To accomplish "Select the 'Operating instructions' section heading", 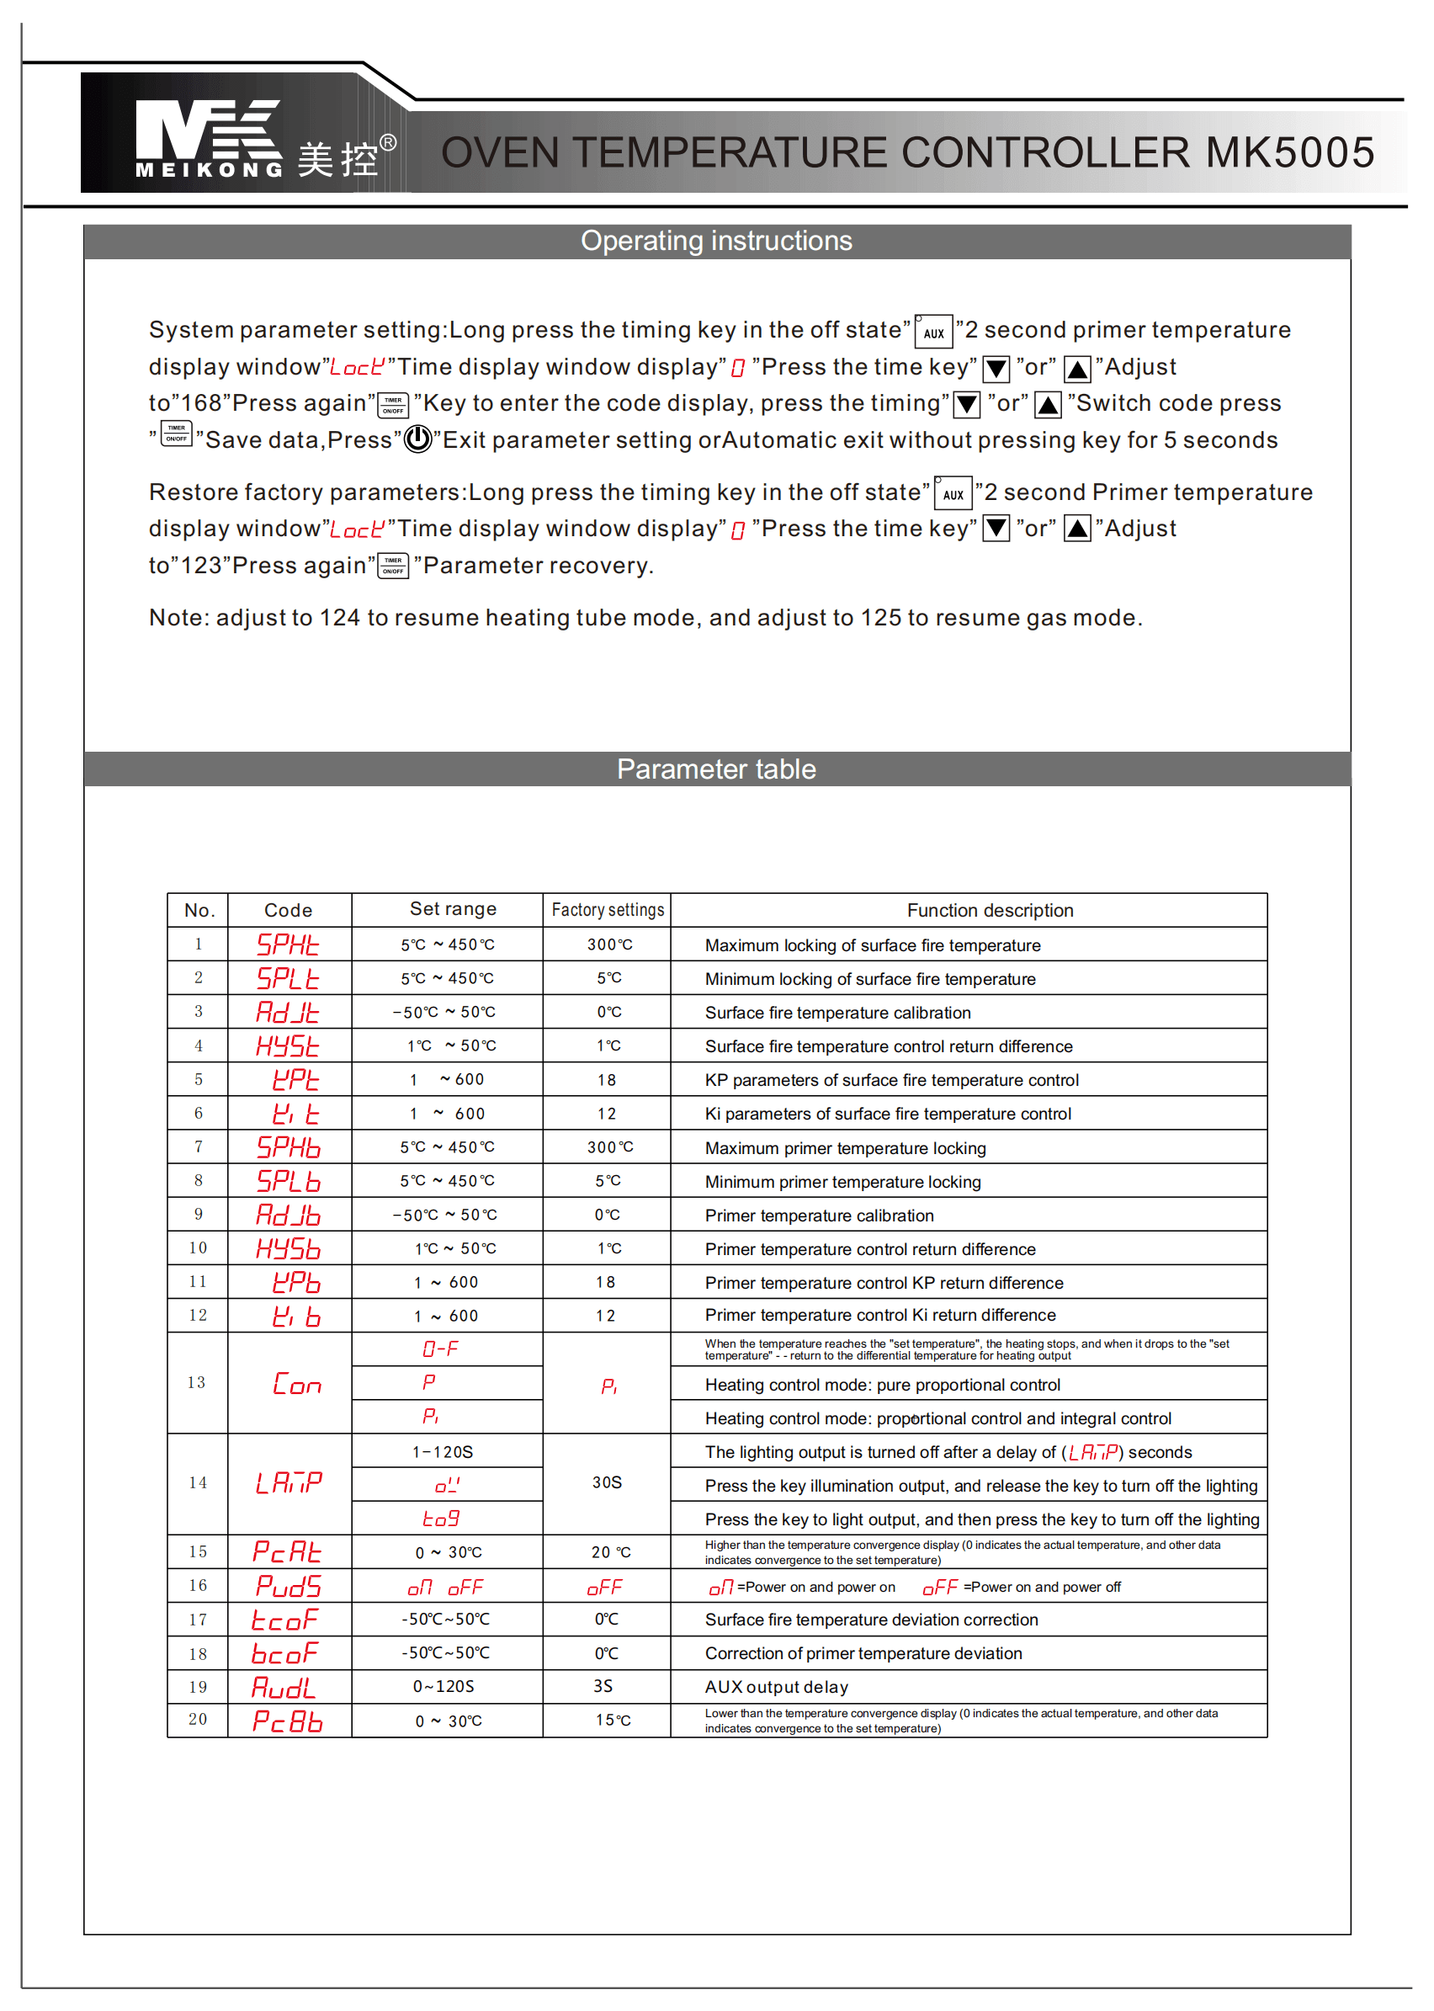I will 716,241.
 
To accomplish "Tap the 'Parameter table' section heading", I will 716,769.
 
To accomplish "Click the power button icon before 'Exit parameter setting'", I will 417,439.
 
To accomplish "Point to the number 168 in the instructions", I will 200,403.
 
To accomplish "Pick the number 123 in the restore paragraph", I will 200,567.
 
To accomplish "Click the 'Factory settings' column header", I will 608,910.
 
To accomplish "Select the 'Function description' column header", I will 990,911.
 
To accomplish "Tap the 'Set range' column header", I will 453,909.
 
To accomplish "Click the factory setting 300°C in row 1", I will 609,944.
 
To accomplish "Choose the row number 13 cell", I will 197,1382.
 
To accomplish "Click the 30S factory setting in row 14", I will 608,1482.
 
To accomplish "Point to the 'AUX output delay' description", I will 776,1687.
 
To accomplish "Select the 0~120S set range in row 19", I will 444,1686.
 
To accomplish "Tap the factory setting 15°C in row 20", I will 613,1720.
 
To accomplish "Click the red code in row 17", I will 285,1620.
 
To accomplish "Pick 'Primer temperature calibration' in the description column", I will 819,1216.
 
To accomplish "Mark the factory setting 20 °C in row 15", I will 611,1551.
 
